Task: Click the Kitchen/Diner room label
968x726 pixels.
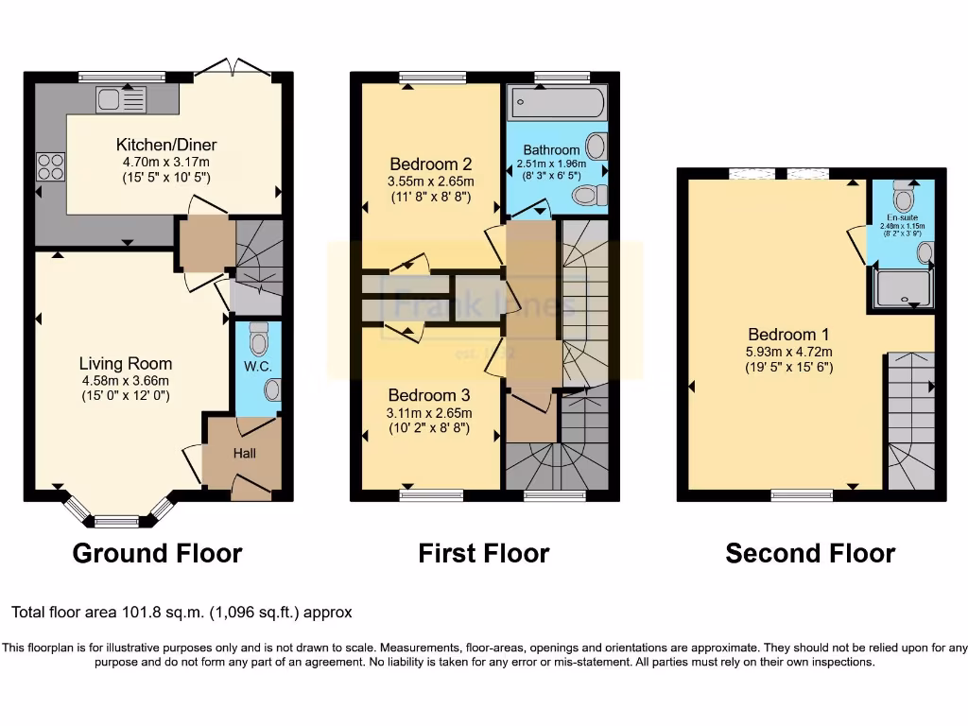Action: tap(166, 145)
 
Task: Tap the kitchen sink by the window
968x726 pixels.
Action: tap(118, 98)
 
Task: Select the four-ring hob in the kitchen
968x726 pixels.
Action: tap(50, 166)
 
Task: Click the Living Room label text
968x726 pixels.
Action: tap(125, 363)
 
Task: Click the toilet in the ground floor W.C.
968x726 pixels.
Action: tap(259, 337)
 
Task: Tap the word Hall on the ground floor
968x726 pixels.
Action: tap(245, 454)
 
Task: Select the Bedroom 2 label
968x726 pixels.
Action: tap(430, 164)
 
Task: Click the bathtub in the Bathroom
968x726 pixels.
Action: tap(556, 102)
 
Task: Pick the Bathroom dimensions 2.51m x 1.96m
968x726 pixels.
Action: tap(551, 164)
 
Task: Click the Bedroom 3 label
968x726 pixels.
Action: tap(430, 395)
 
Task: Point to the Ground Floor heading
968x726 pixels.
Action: tap(157, 553)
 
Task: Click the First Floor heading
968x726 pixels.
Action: tap(483, 553)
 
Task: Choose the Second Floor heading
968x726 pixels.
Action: tap(810, 553)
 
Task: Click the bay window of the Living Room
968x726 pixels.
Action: tap(118, 518)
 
